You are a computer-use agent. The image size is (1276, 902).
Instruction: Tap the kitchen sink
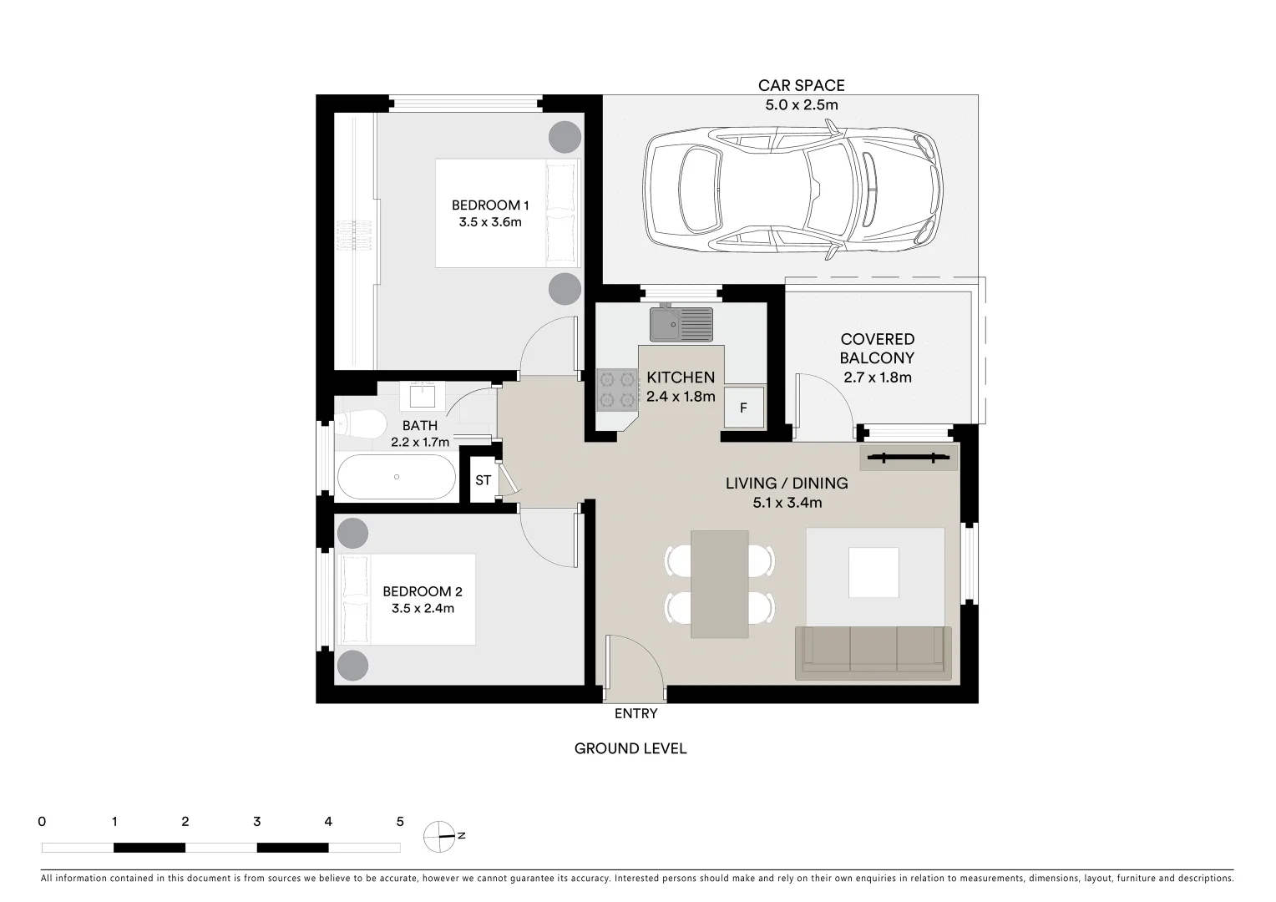(681, 324)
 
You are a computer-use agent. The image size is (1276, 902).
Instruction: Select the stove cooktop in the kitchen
(616, 390)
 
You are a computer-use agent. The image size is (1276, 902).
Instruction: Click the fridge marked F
(743, 408)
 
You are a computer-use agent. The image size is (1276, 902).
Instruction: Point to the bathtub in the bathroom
(397, 477)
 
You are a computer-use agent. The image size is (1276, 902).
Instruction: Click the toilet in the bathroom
(355, 424)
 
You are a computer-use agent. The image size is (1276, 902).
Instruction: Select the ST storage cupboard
(483, 480)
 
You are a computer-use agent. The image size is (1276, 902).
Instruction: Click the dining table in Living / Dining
(720, 584)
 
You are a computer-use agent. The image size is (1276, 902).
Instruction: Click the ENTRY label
(635, 713)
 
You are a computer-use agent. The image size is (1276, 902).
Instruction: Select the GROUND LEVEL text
(630, 748)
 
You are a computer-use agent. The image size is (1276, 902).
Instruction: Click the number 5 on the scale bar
(400, 822)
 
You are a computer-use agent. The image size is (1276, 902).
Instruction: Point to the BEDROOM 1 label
(490, 205)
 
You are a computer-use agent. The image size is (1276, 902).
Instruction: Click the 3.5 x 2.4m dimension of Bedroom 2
(423, 608)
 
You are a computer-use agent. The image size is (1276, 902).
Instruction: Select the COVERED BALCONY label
(877, 348)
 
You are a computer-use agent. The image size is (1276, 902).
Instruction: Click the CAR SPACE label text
(801, 85)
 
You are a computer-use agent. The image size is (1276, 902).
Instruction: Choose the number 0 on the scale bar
(42, 822)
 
